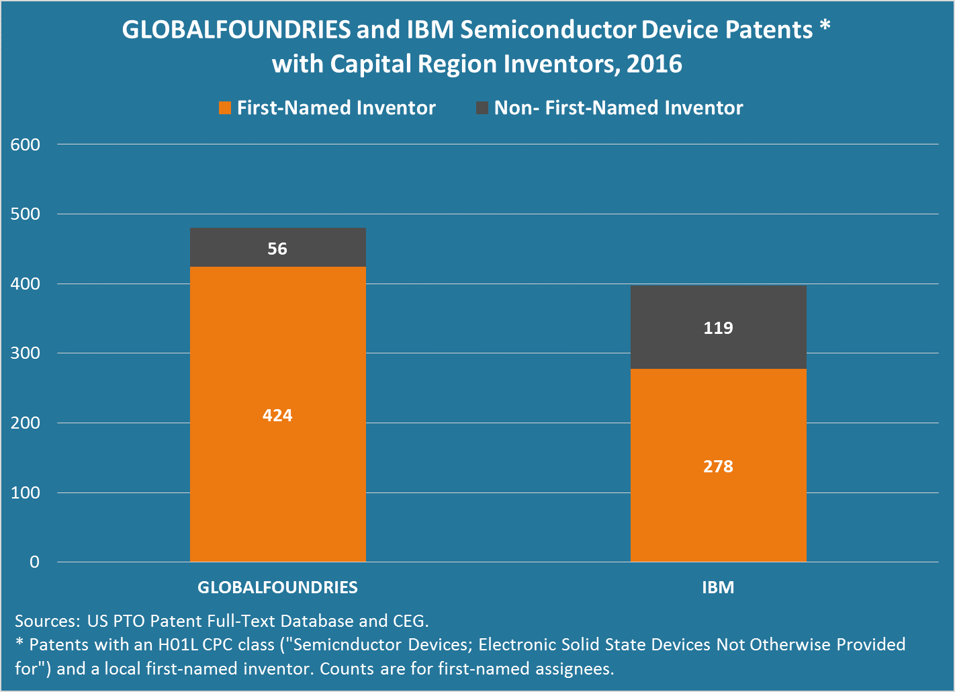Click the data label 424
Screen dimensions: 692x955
(277, 415)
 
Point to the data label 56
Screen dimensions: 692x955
(277, 249)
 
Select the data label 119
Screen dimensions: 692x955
(718, 328)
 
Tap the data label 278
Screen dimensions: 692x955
(718, 466)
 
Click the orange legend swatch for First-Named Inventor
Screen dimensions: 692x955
(225, 107)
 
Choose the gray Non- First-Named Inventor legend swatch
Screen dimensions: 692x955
(482, 107)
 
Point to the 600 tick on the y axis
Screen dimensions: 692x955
(26, 144)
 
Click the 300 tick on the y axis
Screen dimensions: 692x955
(26, 353)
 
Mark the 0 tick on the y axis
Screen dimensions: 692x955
(34, 562)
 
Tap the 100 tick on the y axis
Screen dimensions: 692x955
(26, 492)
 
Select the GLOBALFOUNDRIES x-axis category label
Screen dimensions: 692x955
(277, 587)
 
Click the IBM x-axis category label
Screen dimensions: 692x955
(718, 587)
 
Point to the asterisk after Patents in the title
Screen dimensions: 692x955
(825, 27)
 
